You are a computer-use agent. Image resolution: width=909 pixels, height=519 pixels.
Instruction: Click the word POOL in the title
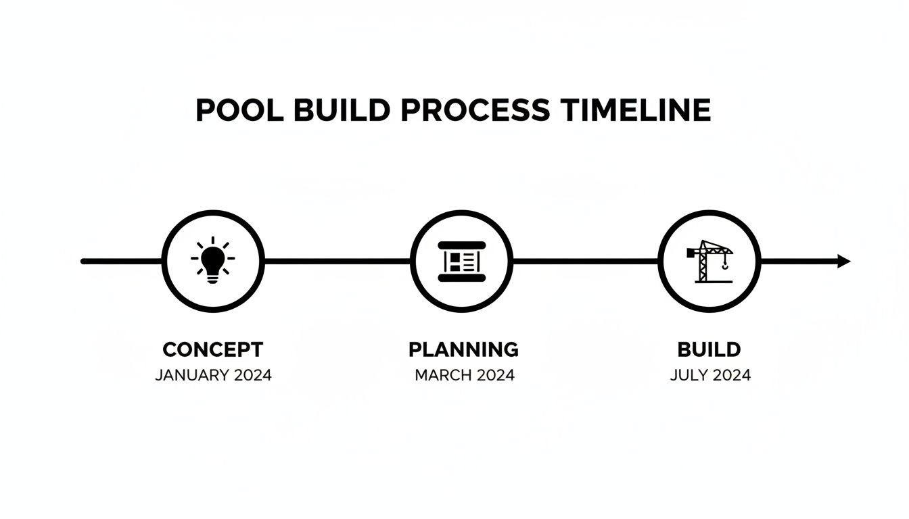pyautogui.click(x=237, y=110)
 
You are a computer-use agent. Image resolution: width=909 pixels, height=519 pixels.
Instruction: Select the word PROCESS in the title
pyautogui.click(x=475, y=110)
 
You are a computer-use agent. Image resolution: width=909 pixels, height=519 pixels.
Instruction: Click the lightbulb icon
pyautogui.click(x=212, y=260)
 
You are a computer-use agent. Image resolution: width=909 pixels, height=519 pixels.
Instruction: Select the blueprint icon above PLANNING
pyautogui.click(x=461, y=261)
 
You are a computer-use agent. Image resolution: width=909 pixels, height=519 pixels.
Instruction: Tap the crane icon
pyautogui.click(x=707, y=260)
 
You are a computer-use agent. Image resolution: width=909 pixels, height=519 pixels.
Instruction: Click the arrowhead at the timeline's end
pyautogui.click(x=843, y=262)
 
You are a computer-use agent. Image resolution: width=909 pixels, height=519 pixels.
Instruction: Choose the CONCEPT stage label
pyautogui.click(x=213, y=349)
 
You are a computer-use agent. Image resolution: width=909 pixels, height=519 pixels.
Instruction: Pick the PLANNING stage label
pyautogui.click(x=463, y=349)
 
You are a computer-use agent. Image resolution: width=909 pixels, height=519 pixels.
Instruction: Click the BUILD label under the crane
pyautogui.click(x=709, y=349)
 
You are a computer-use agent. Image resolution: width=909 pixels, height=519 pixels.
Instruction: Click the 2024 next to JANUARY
pyautogui.click(x=253, y=375)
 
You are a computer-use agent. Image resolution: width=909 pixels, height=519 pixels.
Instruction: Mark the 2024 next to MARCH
pyautogui.click(x=496, y=375)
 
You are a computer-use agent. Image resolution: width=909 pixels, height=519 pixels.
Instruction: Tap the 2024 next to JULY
pyautogui.click(x=731, y=375)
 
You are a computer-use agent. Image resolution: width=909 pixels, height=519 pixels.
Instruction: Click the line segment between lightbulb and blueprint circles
pyautogui.click(x=337, y=261)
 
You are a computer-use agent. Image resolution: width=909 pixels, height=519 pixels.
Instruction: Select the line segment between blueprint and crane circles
pyautogui.click(x=585, y=261)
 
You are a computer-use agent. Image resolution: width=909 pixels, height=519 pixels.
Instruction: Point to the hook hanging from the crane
pyautogui.click(x=726, y=265)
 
